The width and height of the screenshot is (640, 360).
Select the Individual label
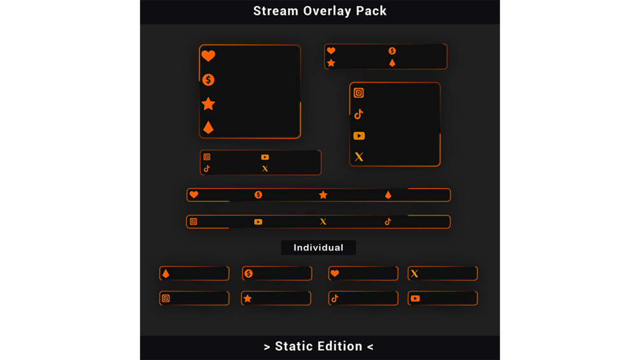(x=318, y=248)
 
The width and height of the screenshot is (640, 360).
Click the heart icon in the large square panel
(x=208, y=56)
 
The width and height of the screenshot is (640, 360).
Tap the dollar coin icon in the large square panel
(x=208, y=80)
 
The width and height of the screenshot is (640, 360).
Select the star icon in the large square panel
(x=208, y=104)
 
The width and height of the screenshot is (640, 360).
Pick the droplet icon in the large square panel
(x=208, y=127)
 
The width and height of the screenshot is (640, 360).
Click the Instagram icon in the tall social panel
(x=359, y=93)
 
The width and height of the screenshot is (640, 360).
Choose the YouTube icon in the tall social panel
(x=359, y=136)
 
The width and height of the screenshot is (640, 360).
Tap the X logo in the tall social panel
(x=359, y=157)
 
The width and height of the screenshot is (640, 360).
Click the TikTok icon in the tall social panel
(x=359, y=114)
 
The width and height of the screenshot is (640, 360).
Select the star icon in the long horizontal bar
(x=324, y=195)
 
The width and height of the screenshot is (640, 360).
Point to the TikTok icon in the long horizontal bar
(x=388, y=222)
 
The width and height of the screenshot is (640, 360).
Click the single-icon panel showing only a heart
(x=363, y=273)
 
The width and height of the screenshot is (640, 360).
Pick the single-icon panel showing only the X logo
(x=443, y=273)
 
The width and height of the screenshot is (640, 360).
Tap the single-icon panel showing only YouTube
(x=443, y=298)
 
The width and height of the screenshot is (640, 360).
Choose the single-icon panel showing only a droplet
(x=194, y=273)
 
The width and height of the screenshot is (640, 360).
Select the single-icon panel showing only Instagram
(x=194, y=298)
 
